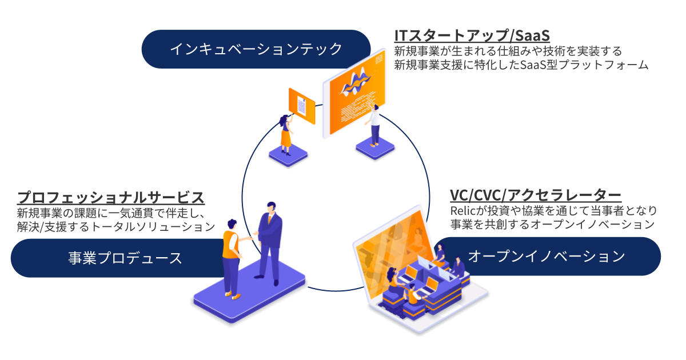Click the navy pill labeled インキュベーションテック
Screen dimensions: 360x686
click(256, 49)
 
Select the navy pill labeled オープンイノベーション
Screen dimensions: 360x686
click(546, 257)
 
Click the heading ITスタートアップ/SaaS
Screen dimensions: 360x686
click(472, 36)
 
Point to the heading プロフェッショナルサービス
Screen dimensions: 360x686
click(111, 198)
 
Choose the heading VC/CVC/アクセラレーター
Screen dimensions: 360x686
click(536, 195)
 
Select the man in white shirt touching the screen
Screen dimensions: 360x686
click(374, 124)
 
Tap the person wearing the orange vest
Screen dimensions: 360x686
click(232, 254)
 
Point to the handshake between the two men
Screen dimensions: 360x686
click(252, 235)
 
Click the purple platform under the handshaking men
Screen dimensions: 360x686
click(252, 298)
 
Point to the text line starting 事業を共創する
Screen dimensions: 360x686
click(552, 225)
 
